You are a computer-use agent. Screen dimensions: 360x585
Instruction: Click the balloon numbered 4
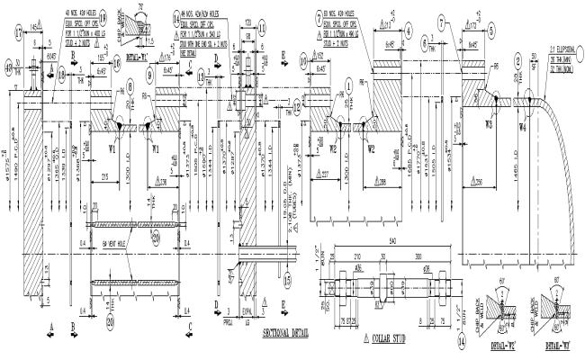coord(409,29)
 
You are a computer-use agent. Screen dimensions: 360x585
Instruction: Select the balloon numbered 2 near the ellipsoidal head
coord(519,61)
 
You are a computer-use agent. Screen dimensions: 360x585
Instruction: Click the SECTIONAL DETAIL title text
coord(284,332)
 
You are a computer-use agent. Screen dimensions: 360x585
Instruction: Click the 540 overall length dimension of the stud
coord(391,242)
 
